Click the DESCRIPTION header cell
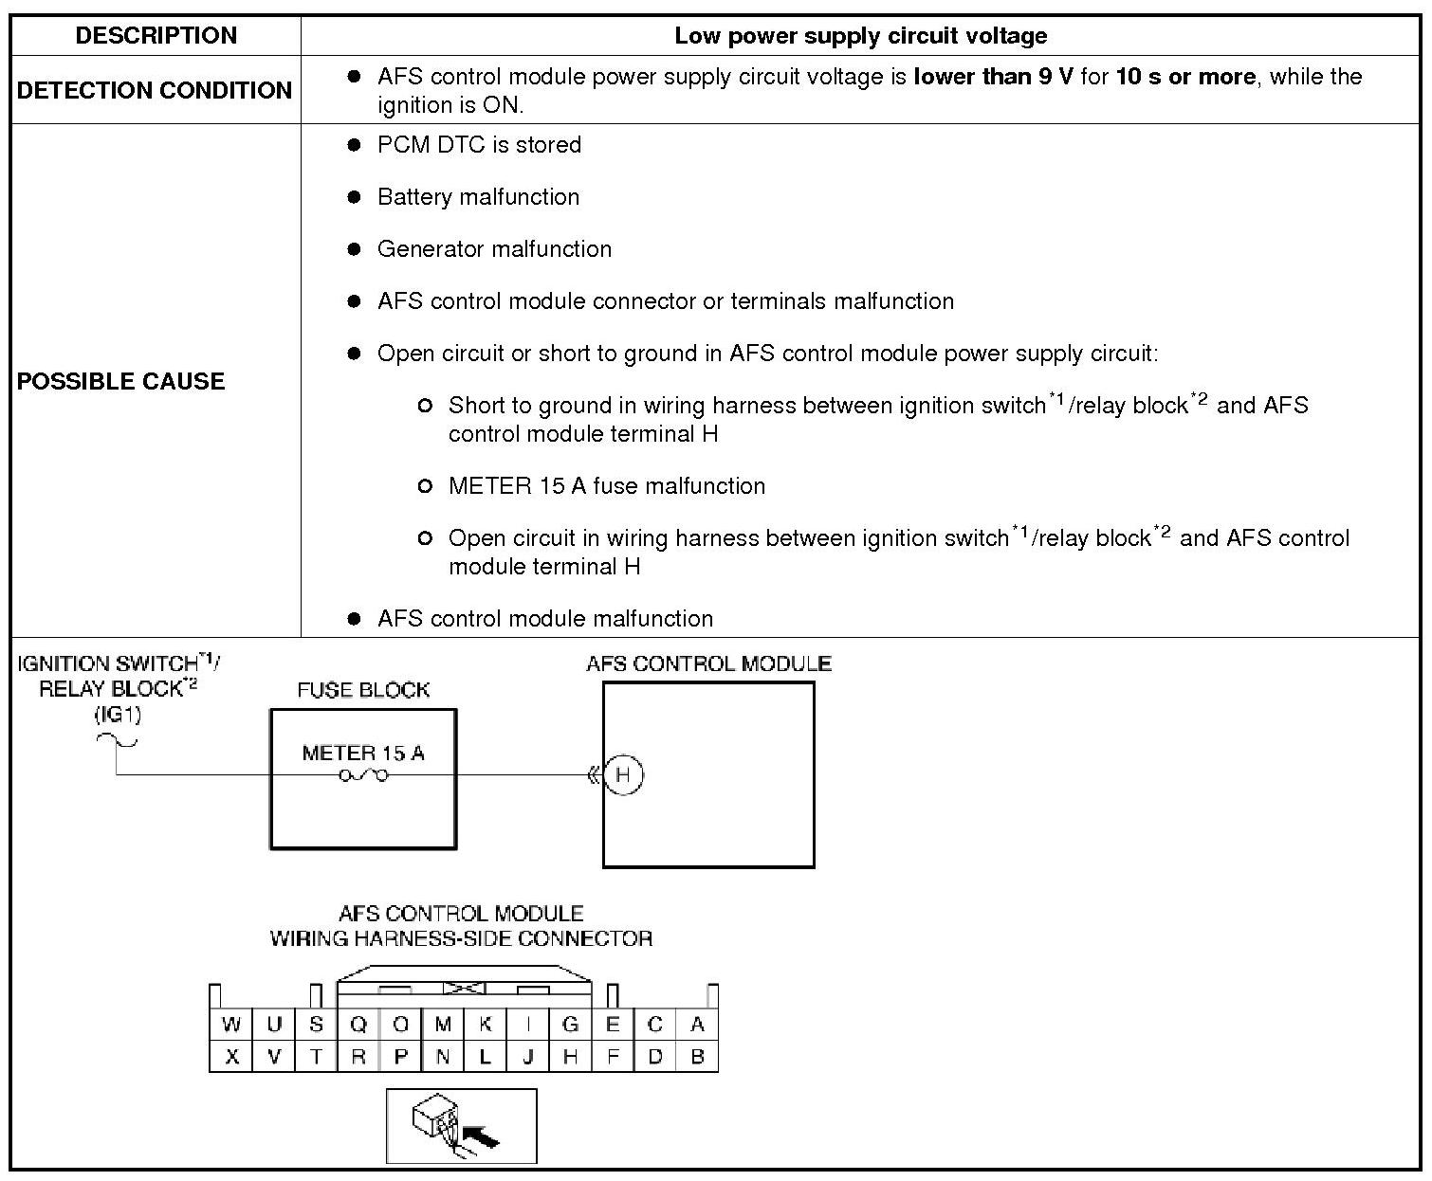point(156,36)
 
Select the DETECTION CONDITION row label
point(155,90)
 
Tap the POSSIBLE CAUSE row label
point(121,381)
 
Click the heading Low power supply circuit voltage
point(860,36)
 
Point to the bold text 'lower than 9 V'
point(993,77)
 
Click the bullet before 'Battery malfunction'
point(355,197)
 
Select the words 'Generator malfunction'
point(494,249)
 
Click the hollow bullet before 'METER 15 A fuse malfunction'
point(425,486)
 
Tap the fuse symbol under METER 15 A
point(363,776)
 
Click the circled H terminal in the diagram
point(623,775)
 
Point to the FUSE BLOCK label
point(363,690)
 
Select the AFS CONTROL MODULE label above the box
point(708,663)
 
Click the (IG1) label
point(118,715)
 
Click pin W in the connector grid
point(230,1025)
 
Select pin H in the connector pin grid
point(570,1057)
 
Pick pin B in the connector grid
point(697,1057)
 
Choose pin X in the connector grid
point(230,1057)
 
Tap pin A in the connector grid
point(697,1025)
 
